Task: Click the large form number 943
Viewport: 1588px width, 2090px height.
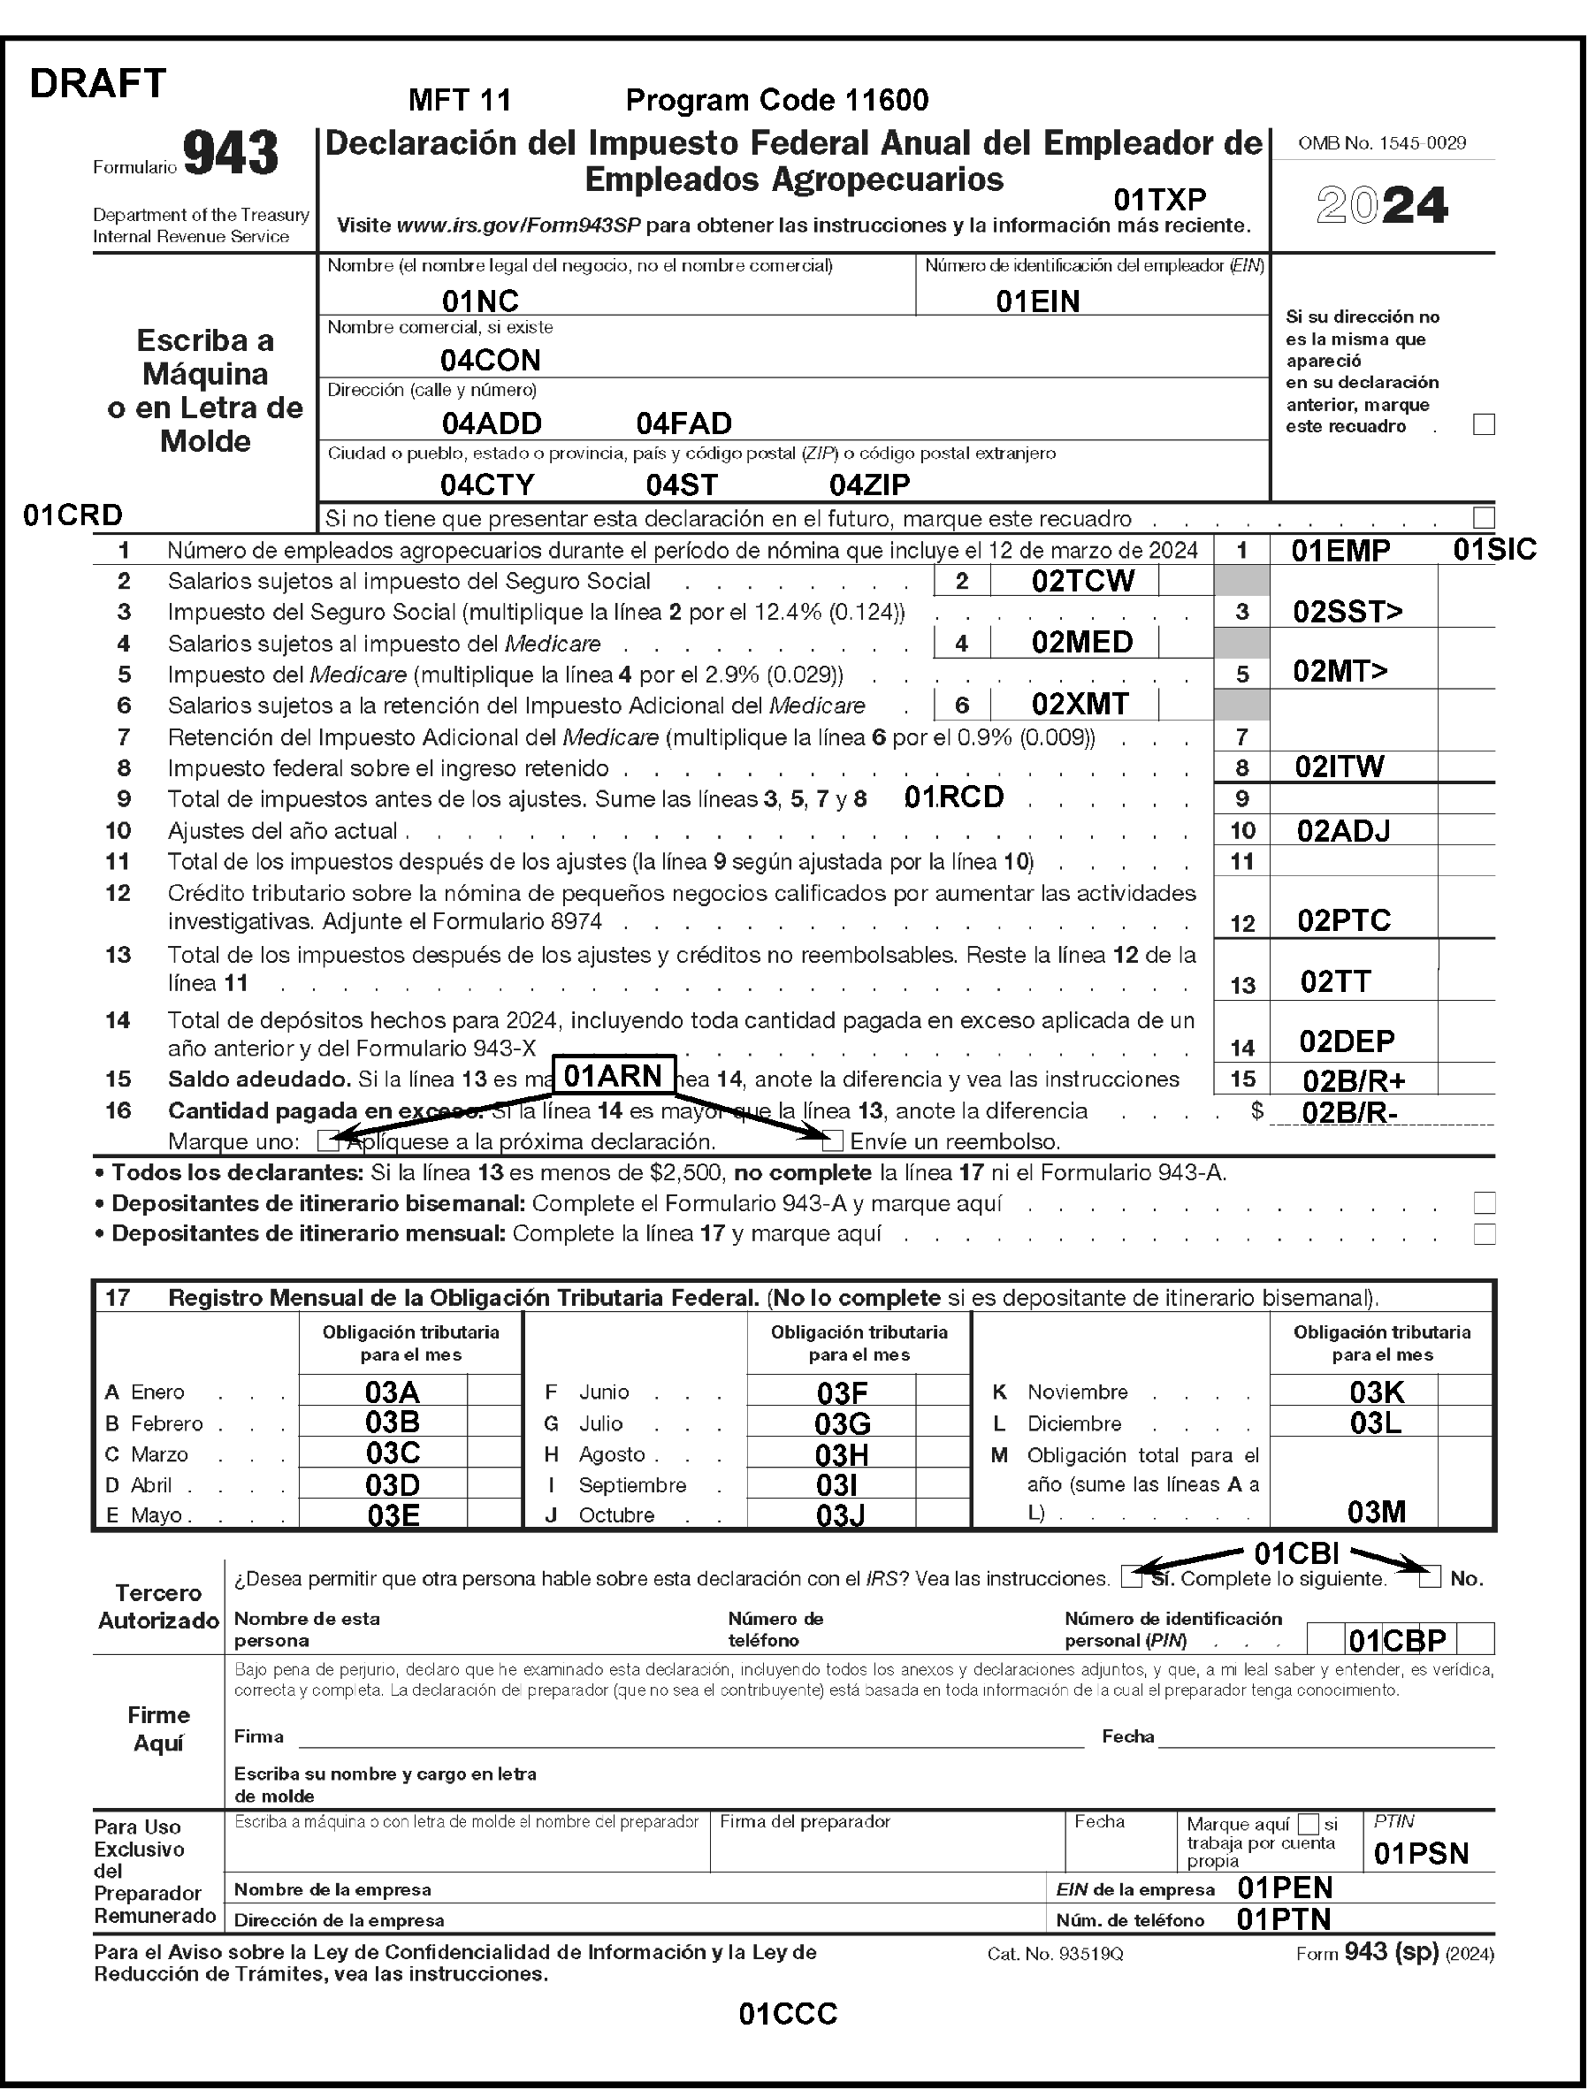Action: coord(231,153)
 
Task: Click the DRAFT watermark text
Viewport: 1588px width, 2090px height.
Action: coord(98,84)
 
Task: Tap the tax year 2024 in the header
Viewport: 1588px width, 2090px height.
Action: coord(1382,205)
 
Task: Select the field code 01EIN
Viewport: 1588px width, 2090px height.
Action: coord(1037,301)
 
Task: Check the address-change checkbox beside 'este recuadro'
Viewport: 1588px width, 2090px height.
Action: coord(1483,425)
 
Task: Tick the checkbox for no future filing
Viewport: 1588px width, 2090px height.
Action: coord(1483,517)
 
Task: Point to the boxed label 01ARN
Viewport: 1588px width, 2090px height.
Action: coord(613,1075)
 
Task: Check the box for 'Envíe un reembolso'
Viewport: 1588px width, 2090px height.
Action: coord(832,1141)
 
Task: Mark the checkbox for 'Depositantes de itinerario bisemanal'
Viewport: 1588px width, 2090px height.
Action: coord(1484,1202)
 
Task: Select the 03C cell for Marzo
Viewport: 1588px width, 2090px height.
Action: coord(393,1453)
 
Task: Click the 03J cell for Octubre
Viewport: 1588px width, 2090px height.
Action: coord(840,1515)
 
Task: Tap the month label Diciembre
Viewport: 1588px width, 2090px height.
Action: coord(1073,1423)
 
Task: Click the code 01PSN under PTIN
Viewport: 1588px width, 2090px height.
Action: coord(1421,1854)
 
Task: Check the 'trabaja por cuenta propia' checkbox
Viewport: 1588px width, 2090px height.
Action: coord(1309,1823)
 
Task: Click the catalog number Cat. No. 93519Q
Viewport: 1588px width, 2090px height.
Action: coord(1054,1954)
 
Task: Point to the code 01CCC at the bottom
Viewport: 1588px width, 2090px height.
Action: coord(788,2014)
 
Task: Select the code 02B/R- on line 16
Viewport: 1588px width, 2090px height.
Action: coord(1349,1112)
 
